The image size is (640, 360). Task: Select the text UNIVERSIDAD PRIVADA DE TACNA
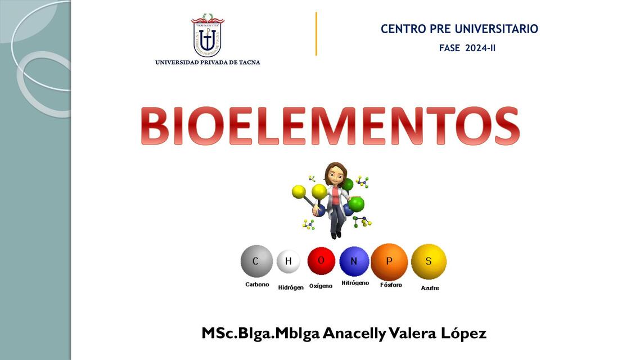click(x=208, y=62)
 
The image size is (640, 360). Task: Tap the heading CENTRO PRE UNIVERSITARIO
click(x=459, y=29)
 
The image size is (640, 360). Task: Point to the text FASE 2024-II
click(x=467, y=48)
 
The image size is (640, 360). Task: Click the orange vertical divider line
click(x=316, y=34)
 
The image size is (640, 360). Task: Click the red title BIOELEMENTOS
click(x=330, y=126)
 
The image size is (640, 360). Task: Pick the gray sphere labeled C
click(x=256, y=261)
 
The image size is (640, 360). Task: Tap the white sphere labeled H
click(x=289, y=262)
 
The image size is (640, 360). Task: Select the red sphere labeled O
click(x=321, y=260)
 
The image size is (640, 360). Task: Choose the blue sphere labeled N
click(x=354, y=261)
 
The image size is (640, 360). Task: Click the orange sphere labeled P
click(x=389, y=261)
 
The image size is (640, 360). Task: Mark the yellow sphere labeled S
click(x=429, y=261)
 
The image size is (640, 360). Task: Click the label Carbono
click(x=257, y=285)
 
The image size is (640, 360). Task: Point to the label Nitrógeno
click(x=355, y=283)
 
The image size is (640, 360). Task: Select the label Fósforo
click(x=391, y=285)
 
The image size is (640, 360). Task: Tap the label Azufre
click(x=430, y=288)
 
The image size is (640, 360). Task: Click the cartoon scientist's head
click(x=336, y=174)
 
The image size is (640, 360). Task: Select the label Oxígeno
click(x=321, y=286)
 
